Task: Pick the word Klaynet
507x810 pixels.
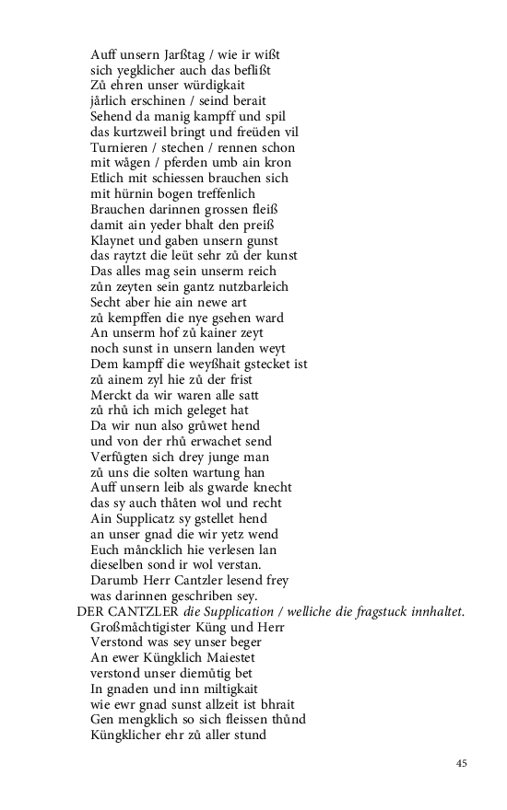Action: (x=114, y=240)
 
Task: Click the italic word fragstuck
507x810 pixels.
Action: (x=375, y=611)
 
